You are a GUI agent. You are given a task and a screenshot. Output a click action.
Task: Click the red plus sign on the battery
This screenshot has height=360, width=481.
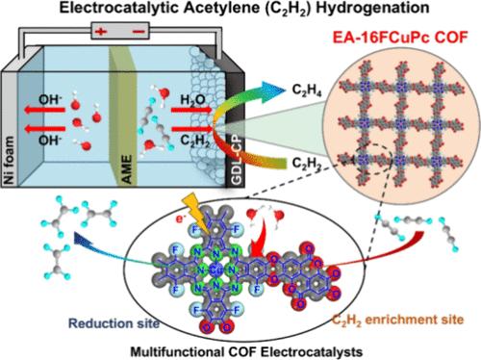tap(100, 32)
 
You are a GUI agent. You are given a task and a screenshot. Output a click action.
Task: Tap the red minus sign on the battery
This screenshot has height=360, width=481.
tap(139, 31)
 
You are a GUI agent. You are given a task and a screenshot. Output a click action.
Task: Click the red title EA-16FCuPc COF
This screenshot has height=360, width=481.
tap(400, 38)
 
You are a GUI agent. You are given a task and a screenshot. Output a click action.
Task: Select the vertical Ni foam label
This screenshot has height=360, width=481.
tap(10, 161)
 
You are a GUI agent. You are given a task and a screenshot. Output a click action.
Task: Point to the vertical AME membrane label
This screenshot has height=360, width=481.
tap(127, 169)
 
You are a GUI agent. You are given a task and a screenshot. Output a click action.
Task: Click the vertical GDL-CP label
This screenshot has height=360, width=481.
tap(237, 162)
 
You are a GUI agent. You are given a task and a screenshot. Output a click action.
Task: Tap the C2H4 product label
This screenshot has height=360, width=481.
tap(307, 91)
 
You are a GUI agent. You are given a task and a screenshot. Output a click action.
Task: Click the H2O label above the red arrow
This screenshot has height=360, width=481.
tap(192, 100)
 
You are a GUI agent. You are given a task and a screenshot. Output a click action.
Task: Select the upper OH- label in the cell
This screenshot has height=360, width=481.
tap(50, 100)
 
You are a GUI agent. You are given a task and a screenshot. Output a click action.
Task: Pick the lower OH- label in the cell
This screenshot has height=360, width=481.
tap(50, 141)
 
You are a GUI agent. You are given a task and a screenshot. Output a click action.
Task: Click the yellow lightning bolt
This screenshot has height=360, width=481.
tap(196, 212)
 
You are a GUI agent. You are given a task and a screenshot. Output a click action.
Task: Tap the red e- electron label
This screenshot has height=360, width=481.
tap(182, 219)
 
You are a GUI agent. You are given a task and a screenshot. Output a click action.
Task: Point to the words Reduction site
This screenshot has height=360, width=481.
tap(114, 323)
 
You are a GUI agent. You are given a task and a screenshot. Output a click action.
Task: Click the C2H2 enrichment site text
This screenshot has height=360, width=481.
tap(397, 320)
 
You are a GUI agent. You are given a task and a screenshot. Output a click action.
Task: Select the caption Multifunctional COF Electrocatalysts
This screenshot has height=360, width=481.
tap(246, 352)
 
